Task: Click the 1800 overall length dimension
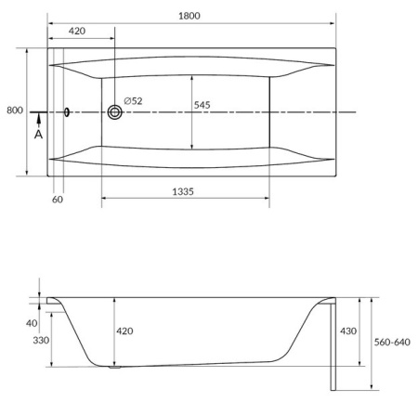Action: (190, 17)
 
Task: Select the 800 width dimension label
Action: (14, 110)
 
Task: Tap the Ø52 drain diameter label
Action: (133, 101)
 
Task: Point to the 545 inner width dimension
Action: (202, 105)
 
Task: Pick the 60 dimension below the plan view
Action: (58, 199)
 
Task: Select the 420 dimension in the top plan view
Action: (78, 32)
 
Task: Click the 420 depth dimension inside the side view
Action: (124, 331)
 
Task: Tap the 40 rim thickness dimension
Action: (33, 322)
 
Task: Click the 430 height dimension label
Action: (348, 331)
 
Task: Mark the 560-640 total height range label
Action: (391, 342)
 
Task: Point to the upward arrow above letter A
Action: (38, 120)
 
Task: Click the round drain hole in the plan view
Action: (115, 112)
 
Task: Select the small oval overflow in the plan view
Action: (67, 112)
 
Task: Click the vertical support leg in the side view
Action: (331, 344)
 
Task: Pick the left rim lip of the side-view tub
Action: (50, 301)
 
